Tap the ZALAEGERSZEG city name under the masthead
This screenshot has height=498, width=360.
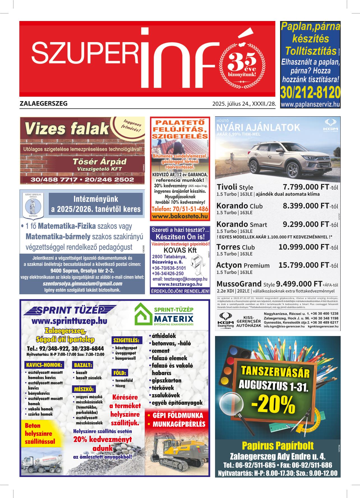[x=44, y=103]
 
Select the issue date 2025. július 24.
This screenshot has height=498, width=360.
[x=232, y=104]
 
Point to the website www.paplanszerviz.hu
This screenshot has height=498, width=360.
[x=310, y=105]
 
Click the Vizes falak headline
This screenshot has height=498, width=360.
[x=66, y=129]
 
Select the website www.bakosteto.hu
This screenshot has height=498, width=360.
[x=179, y=216]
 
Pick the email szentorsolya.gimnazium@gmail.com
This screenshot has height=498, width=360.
[x=82, y=283]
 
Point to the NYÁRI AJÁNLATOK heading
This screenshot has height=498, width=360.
[x=258, y=128]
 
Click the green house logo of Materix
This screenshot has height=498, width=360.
[x=143, y=314]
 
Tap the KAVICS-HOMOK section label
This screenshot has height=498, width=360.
[x=44, y=365]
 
